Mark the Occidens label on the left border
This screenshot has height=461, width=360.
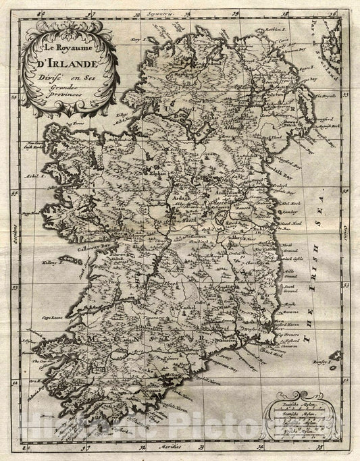[x=13, y=225]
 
